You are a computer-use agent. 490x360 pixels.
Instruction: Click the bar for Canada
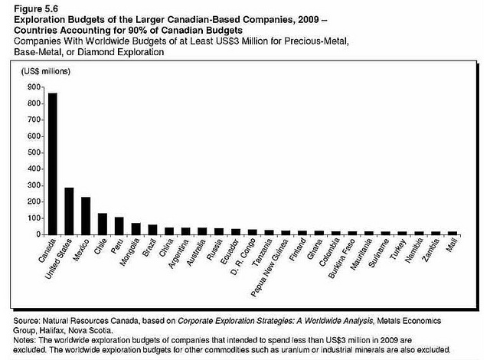click(53, 164)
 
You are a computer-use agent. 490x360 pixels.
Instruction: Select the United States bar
click(69, 211)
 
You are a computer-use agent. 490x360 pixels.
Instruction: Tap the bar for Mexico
click(86, 216)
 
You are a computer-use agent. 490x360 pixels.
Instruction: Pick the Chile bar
click(103, 224)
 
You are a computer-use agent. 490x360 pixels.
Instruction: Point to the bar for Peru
click(119, 226)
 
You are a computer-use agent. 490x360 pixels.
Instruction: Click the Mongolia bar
click(136, 229)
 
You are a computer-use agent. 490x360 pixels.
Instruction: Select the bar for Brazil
click(152, 230)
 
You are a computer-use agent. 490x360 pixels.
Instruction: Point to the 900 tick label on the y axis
click(34, 87)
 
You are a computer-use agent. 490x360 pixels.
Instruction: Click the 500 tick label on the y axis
click(34, 152)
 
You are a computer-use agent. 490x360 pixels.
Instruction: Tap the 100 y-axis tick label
click(34, 218)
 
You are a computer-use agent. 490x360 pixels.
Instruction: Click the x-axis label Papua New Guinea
click(269, 268)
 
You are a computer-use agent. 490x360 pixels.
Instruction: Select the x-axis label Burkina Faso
click(342, 258)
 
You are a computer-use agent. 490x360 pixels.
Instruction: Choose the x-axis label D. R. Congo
click(243, 257)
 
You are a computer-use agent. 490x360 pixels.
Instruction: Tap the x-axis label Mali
click(452, 244)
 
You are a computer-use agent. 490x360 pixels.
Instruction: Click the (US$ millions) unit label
click(46, 71)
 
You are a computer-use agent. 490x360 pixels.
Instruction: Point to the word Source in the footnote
click(26, 321)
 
